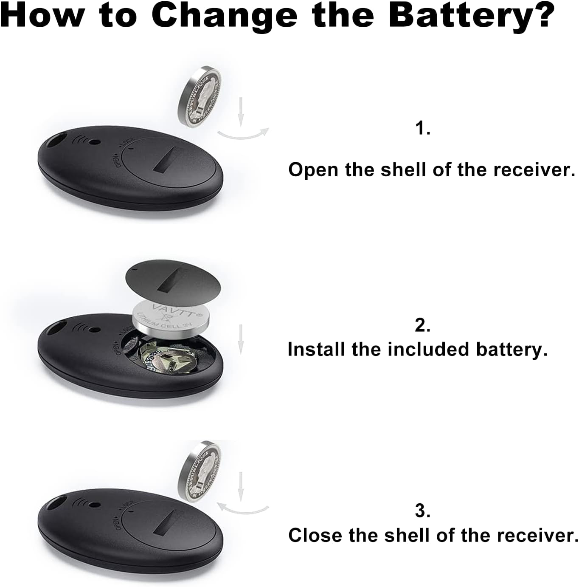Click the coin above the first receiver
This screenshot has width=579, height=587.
(x=200, y=96)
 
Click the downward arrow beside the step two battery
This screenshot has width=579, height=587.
(x=241, y=339)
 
